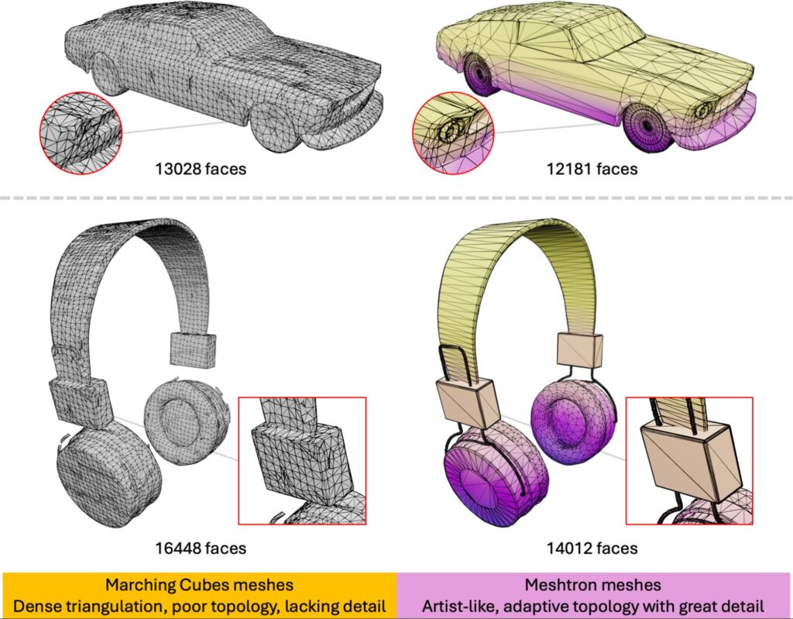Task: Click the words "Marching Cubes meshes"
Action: [x=198, y=586]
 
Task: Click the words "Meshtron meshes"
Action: [x=593, y=586]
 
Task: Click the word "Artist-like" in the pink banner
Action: [x=458, y=605]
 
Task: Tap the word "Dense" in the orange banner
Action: [x=55, y=605]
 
